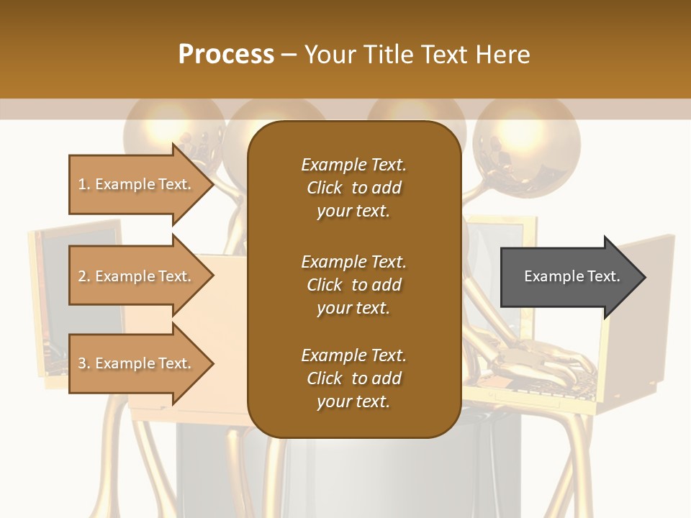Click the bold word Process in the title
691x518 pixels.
tap(226, 55)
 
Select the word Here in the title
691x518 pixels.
tap(503, 55)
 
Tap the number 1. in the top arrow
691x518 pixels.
tap(84, 184)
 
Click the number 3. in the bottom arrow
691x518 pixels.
tap(84, 363)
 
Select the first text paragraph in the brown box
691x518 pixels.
tap(353, 188)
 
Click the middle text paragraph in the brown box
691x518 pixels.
tap(353, 284)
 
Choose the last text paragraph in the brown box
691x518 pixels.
tap(353, 378)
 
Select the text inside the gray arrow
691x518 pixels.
tap(572, 276)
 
